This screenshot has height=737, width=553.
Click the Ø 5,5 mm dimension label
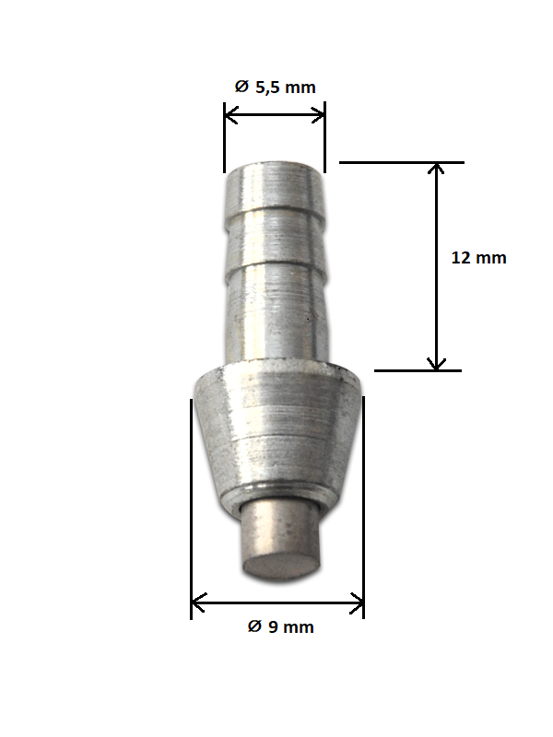point(275,87)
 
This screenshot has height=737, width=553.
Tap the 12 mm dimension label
point(478,258)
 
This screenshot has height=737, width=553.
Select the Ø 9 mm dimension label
point(281,626)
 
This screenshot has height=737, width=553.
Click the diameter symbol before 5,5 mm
point(241,87)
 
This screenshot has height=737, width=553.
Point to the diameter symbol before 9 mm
point(254,626)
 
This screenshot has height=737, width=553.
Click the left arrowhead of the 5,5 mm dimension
point(231,114)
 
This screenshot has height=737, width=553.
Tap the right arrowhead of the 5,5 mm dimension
point(318,114)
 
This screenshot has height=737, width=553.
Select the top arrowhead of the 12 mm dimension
point(436,169)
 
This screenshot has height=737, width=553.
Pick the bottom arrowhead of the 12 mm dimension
point(436,364)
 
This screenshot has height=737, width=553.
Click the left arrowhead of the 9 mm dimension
point(198,602)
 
